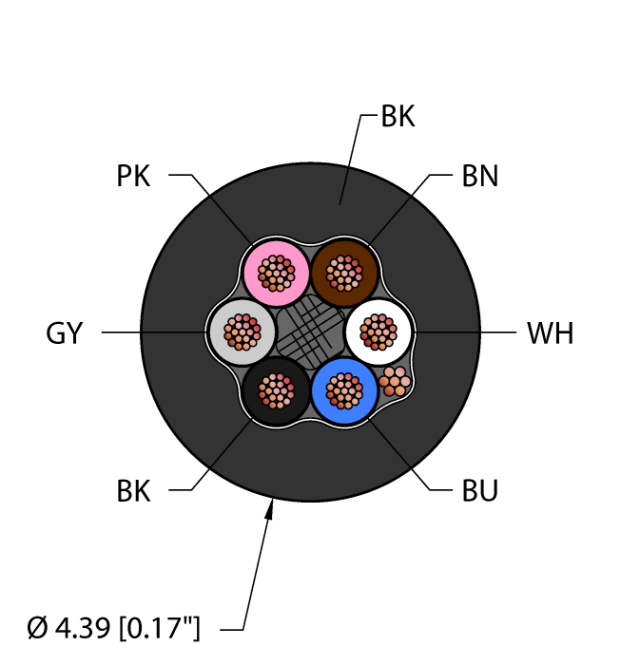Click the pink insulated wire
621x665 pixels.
277,274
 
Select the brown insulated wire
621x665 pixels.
344,274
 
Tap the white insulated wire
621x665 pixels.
378,332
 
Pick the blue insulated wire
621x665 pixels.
344,391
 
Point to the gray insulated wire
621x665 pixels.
243,332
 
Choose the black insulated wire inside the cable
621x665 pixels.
277,391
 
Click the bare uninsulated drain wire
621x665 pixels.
395,381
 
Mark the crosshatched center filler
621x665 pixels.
310,332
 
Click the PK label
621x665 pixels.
133,176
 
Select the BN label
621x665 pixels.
479,176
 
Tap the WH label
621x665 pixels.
550,332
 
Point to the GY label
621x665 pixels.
64,332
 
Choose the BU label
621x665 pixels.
479,491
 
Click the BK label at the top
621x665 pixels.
398,116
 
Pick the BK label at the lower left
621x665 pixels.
133,491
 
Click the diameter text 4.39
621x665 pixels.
83,628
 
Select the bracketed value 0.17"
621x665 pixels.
159,628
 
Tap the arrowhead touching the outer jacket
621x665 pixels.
269,509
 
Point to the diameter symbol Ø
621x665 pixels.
37,628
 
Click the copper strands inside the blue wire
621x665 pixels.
344,391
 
